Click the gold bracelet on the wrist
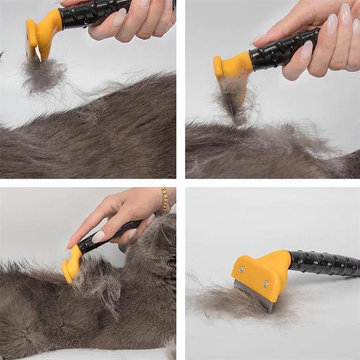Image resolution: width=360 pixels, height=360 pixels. click(165, 200)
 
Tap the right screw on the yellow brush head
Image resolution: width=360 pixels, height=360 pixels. click(266, 283)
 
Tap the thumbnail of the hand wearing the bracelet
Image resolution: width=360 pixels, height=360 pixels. click(98, 236)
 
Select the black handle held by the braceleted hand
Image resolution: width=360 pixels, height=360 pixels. click(108, 236)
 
